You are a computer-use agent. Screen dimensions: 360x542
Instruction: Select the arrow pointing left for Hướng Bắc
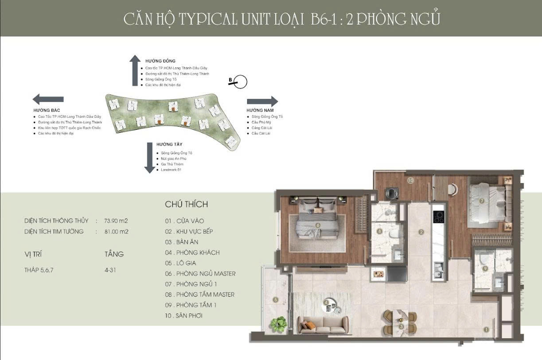click(48, 99)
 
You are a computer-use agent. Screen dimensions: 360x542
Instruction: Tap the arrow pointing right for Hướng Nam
click(262, 101)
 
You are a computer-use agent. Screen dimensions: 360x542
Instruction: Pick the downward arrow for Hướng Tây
click(149, 158)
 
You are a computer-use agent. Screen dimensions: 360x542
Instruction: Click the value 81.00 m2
click(116, 231)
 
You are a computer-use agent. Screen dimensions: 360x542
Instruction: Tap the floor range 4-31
click(110, 270)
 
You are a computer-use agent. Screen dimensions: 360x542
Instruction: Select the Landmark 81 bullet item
click(172, 170)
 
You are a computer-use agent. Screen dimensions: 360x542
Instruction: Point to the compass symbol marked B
click(240, 81)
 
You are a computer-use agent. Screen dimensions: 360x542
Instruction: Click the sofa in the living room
click(316, 324)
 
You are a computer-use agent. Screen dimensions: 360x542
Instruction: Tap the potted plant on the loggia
click(278, 323)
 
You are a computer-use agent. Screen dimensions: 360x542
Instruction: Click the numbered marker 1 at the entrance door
click(486, 329)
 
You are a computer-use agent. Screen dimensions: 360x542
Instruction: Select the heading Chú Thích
click(186, 204)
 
